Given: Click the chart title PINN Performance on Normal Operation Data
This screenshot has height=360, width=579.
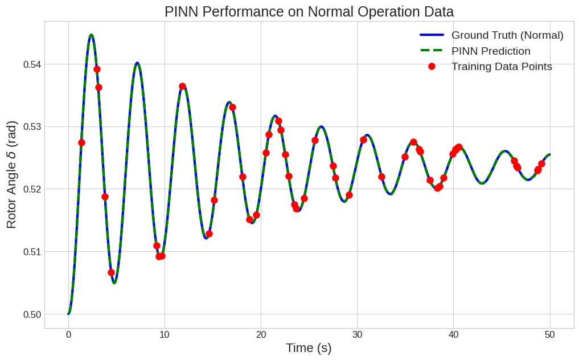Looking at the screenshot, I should coord(309,11).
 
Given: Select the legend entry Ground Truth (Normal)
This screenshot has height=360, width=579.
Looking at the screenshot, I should coord(507,35).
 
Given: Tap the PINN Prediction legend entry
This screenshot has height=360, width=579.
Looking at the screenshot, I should coord(490,51).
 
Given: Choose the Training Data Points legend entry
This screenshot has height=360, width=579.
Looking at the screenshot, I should coord(501,66).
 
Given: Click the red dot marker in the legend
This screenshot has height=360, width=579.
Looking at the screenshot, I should coord(432,66).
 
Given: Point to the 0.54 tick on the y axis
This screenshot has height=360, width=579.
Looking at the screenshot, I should coord(32,64).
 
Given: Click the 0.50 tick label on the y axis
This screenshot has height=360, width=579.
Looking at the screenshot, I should coord(32,314).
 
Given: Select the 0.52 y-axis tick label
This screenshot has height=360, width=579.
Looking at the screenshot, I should coord(32,189).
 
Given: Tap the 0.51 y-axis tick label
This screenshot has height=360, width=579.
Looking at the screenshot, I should coord(32,252).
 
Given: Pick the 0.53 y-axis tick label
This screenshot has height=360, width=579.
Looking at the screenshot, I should coord(32,126).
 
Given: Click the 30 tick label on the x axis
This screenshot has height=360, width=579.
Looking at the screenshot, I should coord(357,334).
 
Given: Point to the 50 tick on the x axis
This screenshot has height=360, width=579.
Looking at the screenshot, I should coord(549,334).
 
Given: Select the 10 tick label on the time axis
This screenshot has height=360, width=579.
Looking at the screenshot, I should coord(165,334).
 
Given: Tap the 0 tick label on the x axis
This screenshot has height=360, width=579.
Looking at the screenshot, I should coord(68,334).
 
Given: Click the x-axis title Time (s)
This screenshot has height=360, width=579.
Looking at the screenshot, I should coord(309,348).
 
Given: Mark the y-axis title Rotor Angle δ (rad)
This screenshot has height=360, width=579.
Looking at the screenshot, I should coord(12,175).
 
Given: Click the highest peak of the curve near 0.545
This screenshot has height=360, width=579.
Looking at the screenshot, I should coord(91,35).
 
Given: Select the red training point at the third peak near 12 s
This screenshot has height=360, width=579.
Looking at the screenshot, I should coord(182,87).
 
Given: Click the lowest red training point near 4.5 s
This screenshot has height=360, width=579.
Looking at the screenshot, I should coord(111,272).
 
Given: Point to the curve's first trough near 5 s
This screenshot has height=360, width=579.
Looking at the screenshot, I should coord(114,283).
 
